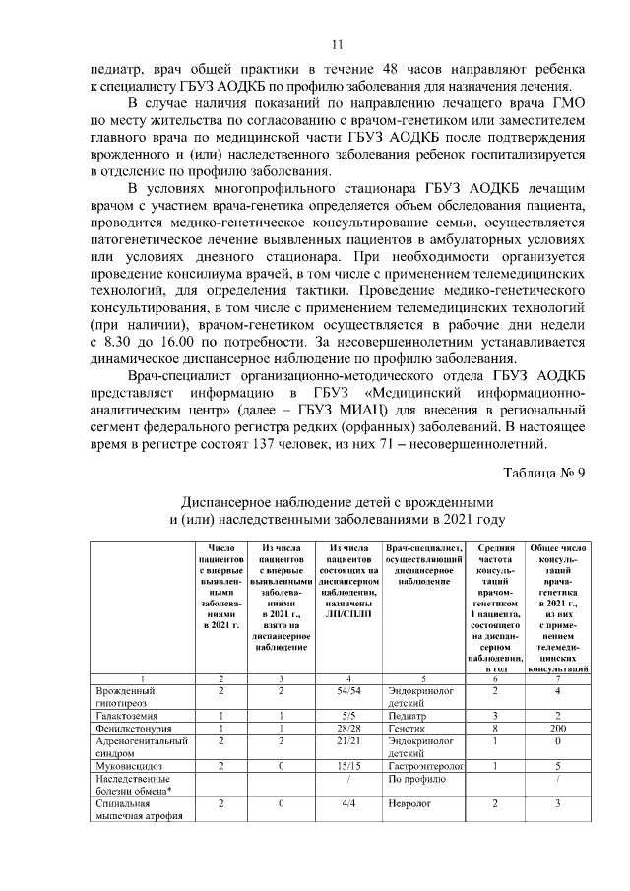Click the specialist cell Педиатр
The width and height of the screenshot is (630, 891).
409,715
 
